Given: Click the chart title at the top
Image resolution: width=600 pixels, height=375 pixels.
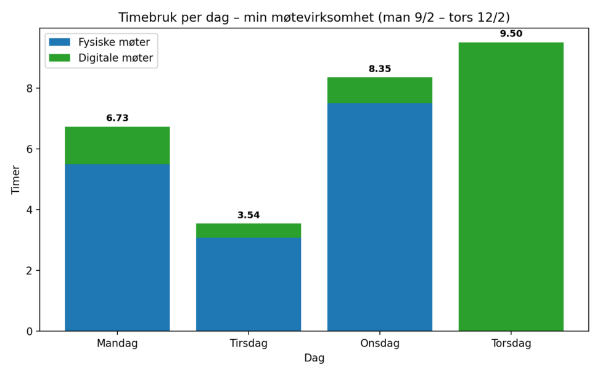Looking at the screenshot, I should pos(314,17).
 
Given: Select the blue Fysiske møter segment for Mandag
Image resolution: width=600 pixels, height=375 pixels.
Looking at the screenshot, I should pos(117,247).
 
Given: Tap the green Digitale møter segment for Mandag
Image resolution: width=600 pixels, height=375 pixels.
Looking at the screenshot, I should pos(117,145).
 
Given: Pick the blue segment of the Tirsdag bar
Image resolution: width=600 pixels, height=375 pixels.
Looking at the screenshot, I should pos(249,284).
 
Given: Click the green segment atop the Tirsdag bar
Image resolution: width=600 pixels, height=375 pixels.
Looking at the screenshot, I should pos(249,231).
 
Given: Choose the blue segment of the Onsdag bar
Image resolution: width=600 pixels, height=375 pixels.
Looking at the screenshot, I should pos(380,216).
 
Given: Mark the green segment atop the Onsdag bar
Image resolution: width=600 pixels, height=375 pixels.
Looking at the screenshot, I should pos(380,90).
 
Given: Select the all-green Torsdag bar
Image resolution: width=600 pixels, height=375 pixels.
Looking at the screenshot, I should pos(511,185).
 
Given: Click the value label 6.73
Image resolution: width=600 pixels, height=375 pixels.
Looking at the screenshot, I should pos(117,118).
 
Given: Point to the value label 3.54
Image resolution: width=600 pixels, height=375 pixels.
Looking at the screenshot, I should pos(249,215).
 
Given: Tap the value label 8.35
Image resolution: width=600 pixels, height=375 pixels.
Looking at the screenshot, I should pos(380,69).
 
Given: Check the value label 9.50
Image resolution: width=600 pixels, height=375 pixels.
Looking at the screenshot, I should pos(511,34).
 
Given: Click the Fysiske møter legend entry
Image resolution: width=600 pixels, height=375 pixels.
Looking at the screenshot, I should pos(114,42).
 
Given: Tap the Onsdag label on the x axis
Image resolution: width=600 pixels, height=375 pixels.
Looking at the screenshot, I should pos(380,344).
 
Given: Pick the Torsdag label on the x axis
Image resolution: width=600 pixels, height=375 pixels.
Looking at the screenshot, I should pos(511,344).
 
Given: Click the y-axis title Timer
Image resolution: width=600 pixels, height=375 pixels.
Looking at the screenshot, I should pos(16,179).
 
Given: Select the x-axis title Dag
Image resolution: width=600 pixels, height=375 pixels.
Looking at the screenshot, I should pos(314,358).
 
